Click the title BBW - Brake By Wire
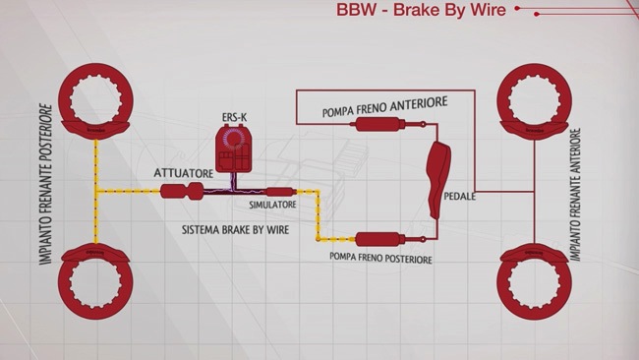point(422,11)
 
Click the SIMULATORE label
point(272,206)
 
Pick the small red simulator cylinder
point(279,191)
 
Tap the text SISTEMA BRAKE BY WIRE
point(232,228)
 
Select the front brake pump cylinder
point(378,125)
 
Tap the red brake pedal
point(438,177)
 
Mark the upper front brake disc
point(535,98)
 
